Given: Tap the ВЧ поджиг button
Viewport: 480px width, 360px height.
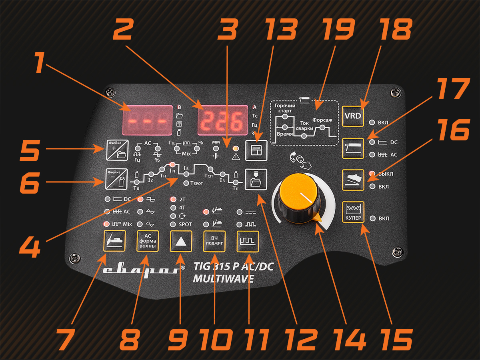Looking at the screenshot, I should coord(214,241).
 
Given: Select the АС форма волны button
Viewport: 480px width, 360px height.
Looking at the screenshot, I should coord(147,241).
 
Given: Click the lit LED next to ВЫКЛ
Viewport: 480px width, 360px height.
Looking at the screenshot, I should coord(372,174).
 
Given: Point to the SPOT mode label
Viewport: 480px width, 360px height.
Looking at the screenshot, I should coord(185,224).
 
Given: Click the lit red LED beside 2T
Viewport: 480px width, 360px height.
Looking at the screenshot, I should coord(173,199).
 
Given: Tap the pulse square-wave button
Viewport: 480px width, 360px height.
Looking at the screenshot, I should coord(247,241).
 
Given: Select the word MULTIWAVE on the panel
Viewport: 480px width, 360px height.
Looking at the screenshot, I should coord(223,279).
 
